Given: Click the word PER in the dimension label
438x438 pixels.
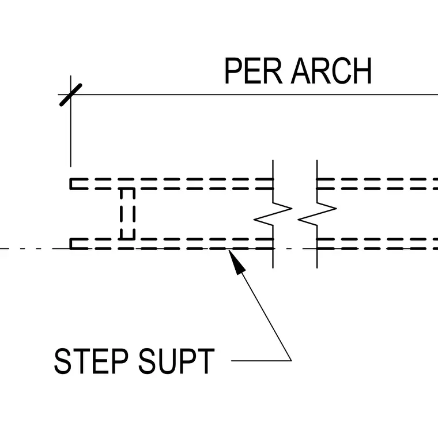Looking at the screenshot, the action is coord(254,70).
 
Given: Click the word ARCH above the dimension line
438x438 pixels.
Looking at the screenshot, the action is coord(331,70).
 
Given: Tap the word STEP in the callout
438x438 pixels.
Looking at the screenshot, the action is coord(91,361).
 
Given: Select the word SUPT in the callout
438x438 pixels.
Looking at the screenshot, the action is coord(176,361).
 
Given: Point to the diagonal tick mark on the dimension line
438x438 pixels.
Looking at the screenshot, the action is coord(71,95).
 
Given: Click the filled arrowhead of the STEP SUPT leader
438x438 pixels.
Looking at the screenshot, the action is coord(236,262).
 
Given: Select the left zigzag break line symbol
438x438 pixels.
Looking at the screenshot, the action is coord(273,214).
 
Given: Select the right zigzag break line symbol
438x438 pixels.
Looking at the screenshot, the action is coord(317,214).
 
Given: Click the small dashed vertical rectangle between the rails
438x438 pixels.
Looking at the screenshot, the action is coord(128,214).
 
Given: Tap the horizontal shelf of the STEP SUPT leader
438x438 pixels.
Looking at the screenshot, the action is coord(261,361).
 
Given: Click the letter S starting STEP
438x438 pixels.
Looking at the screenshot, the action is coord(62,361).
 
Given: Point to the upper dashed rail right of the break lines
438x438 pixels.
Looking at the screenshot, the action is coord(377,184).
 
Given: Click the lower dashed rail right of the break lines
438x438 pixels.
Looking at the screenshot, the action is coord(377,244).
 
